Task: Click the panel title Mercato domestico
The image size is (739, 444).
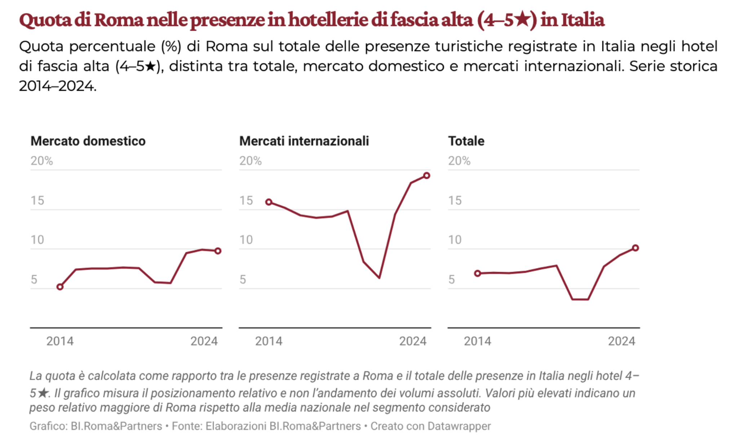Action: [x=88, y=141]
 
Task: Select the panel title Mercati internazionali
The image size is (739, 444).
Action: [x=304, y=141]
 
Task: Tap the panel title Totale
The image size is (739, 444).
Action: [x=466, y=141]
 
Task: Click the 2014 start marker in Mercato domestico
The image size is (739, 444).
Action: [x=60, y=287]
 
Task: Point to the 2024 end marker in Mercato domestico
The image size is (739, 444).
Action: [x=218, y=251]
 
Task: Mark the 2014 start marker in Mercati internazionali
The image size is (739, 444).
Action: [x=269, y=202]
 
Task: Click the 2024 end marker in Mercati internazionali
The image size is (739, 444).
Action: [x=426, y=176]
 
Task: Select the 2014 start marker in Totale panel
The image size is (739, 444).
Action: [x=478, y=274]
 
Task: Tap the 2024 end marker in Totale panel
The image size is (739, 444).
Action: [x=636, y=248]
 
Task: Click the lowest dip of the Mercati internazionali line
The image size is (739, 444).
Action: [x=379, y=277]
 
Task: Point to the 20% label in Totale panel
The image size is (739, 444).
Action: [x=459, y=161]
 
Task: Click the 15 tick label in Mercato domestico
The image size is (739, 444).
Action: [x=37, y=200]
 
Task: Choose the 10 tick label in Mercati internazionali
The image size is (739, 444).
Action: [x=246, y=240]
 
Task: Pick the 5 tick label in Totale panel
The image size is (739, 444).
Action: [x=451, y=279]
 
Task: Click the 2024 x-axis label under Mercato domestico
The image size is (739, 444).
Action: [x=204, y=341]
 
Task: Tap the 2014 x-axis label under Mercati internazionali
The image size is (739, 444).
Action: [x=269, y=341]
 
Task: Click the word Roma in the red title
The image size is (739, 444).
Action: [x=119, y=20]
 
